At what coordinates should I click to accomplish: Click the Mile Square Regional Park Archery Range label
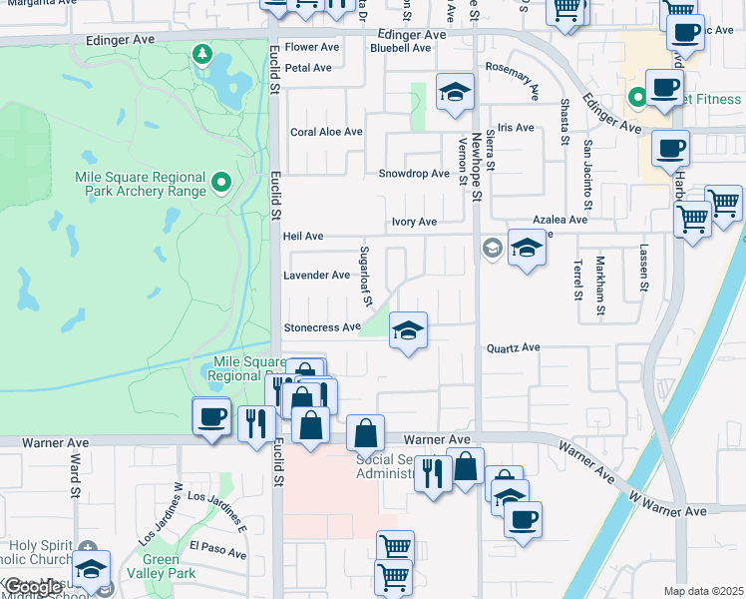point(141,183)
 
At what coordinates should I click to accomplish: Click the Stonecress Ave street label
point(321,327)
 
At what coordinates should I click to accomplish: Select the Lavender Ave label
point(317,276)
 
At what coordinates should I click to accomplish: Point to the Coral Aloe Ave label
point(326,132)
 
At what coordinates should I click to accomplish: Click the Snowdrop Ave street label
point(414,174)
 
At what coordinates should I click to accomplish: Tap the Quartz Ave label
point(513,348)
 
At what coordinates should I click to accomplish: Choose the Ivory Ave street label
point(414,222)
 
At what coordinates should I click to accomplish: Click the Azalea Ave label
point(559,220)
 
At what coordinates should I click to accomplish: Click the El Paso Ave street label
point(217,549)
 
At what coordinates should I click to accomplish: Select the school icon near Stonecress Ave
point(407,330)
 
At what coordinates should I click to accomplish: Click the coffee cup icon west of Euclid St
point(210,417)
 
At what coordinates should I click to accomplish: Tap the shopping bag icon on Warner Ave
point(366,434)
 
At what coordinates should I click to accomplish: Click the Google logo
point(33,587)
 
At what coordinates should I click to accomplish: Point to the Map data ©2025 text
point(704,591)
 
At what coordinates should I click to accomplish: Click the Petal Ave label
point(308,68)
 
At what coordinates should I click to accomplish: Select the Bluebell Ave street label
point(399,47)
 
